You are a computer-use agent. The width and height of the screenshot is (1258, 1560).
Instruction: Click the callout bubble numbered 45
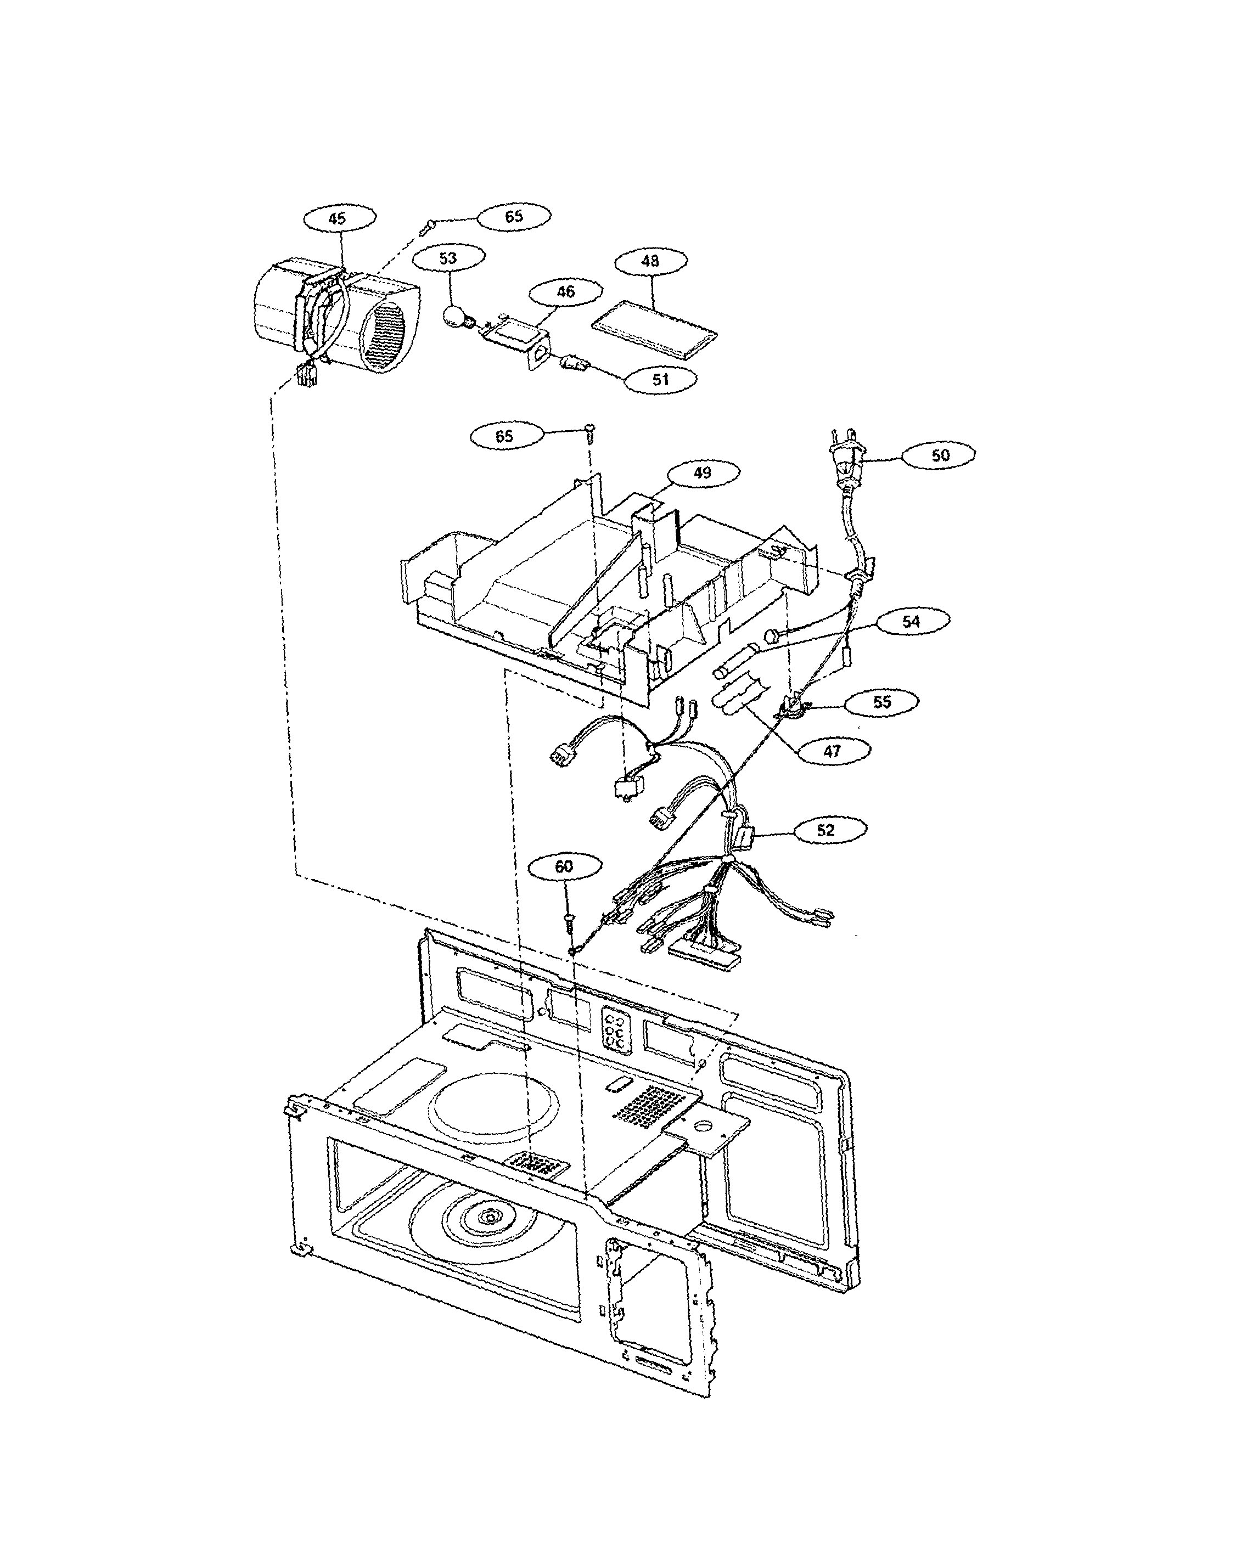tap(339, 218)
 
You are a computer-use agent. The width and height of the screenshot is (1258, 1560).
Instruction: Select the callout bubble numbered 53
tap(448, 258)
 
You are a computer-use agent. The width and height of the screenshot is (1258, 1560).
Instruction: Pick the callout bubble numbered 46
tap(565, 291)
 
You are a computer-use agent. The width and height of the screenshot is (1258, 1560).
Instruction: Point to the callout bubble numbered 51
tap(660, 379)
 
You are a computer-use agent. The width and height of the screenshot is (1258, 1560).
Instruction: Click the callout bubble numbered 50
tap(939, 455)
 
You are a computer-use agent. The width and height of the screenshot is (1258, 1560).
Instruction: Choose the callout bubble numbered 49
tap(702, 473)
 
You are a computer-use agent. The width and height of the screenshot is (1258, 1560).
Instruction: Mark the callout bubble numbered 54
tap(911, 621)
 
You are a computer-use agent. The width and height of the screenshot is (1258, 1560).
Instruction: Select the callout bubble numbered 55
tap(881, 701)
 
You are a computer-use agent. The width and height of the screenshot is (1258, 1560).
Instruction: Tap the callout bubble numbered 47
tap(832, 751)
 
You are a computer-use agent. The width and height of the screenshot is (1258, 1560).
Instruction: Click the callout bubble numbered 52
tap(825, 830)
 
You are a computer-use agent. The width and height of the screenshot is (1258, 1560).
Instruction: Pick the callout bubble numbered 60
tap(564, 866)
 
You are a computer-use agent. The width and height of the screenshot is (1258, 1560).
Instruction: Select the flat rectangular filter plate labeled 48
tap(654, 330)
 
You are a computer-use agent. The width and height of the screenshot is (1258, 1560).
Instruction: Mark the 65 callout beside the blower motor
tap(514, 216)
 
